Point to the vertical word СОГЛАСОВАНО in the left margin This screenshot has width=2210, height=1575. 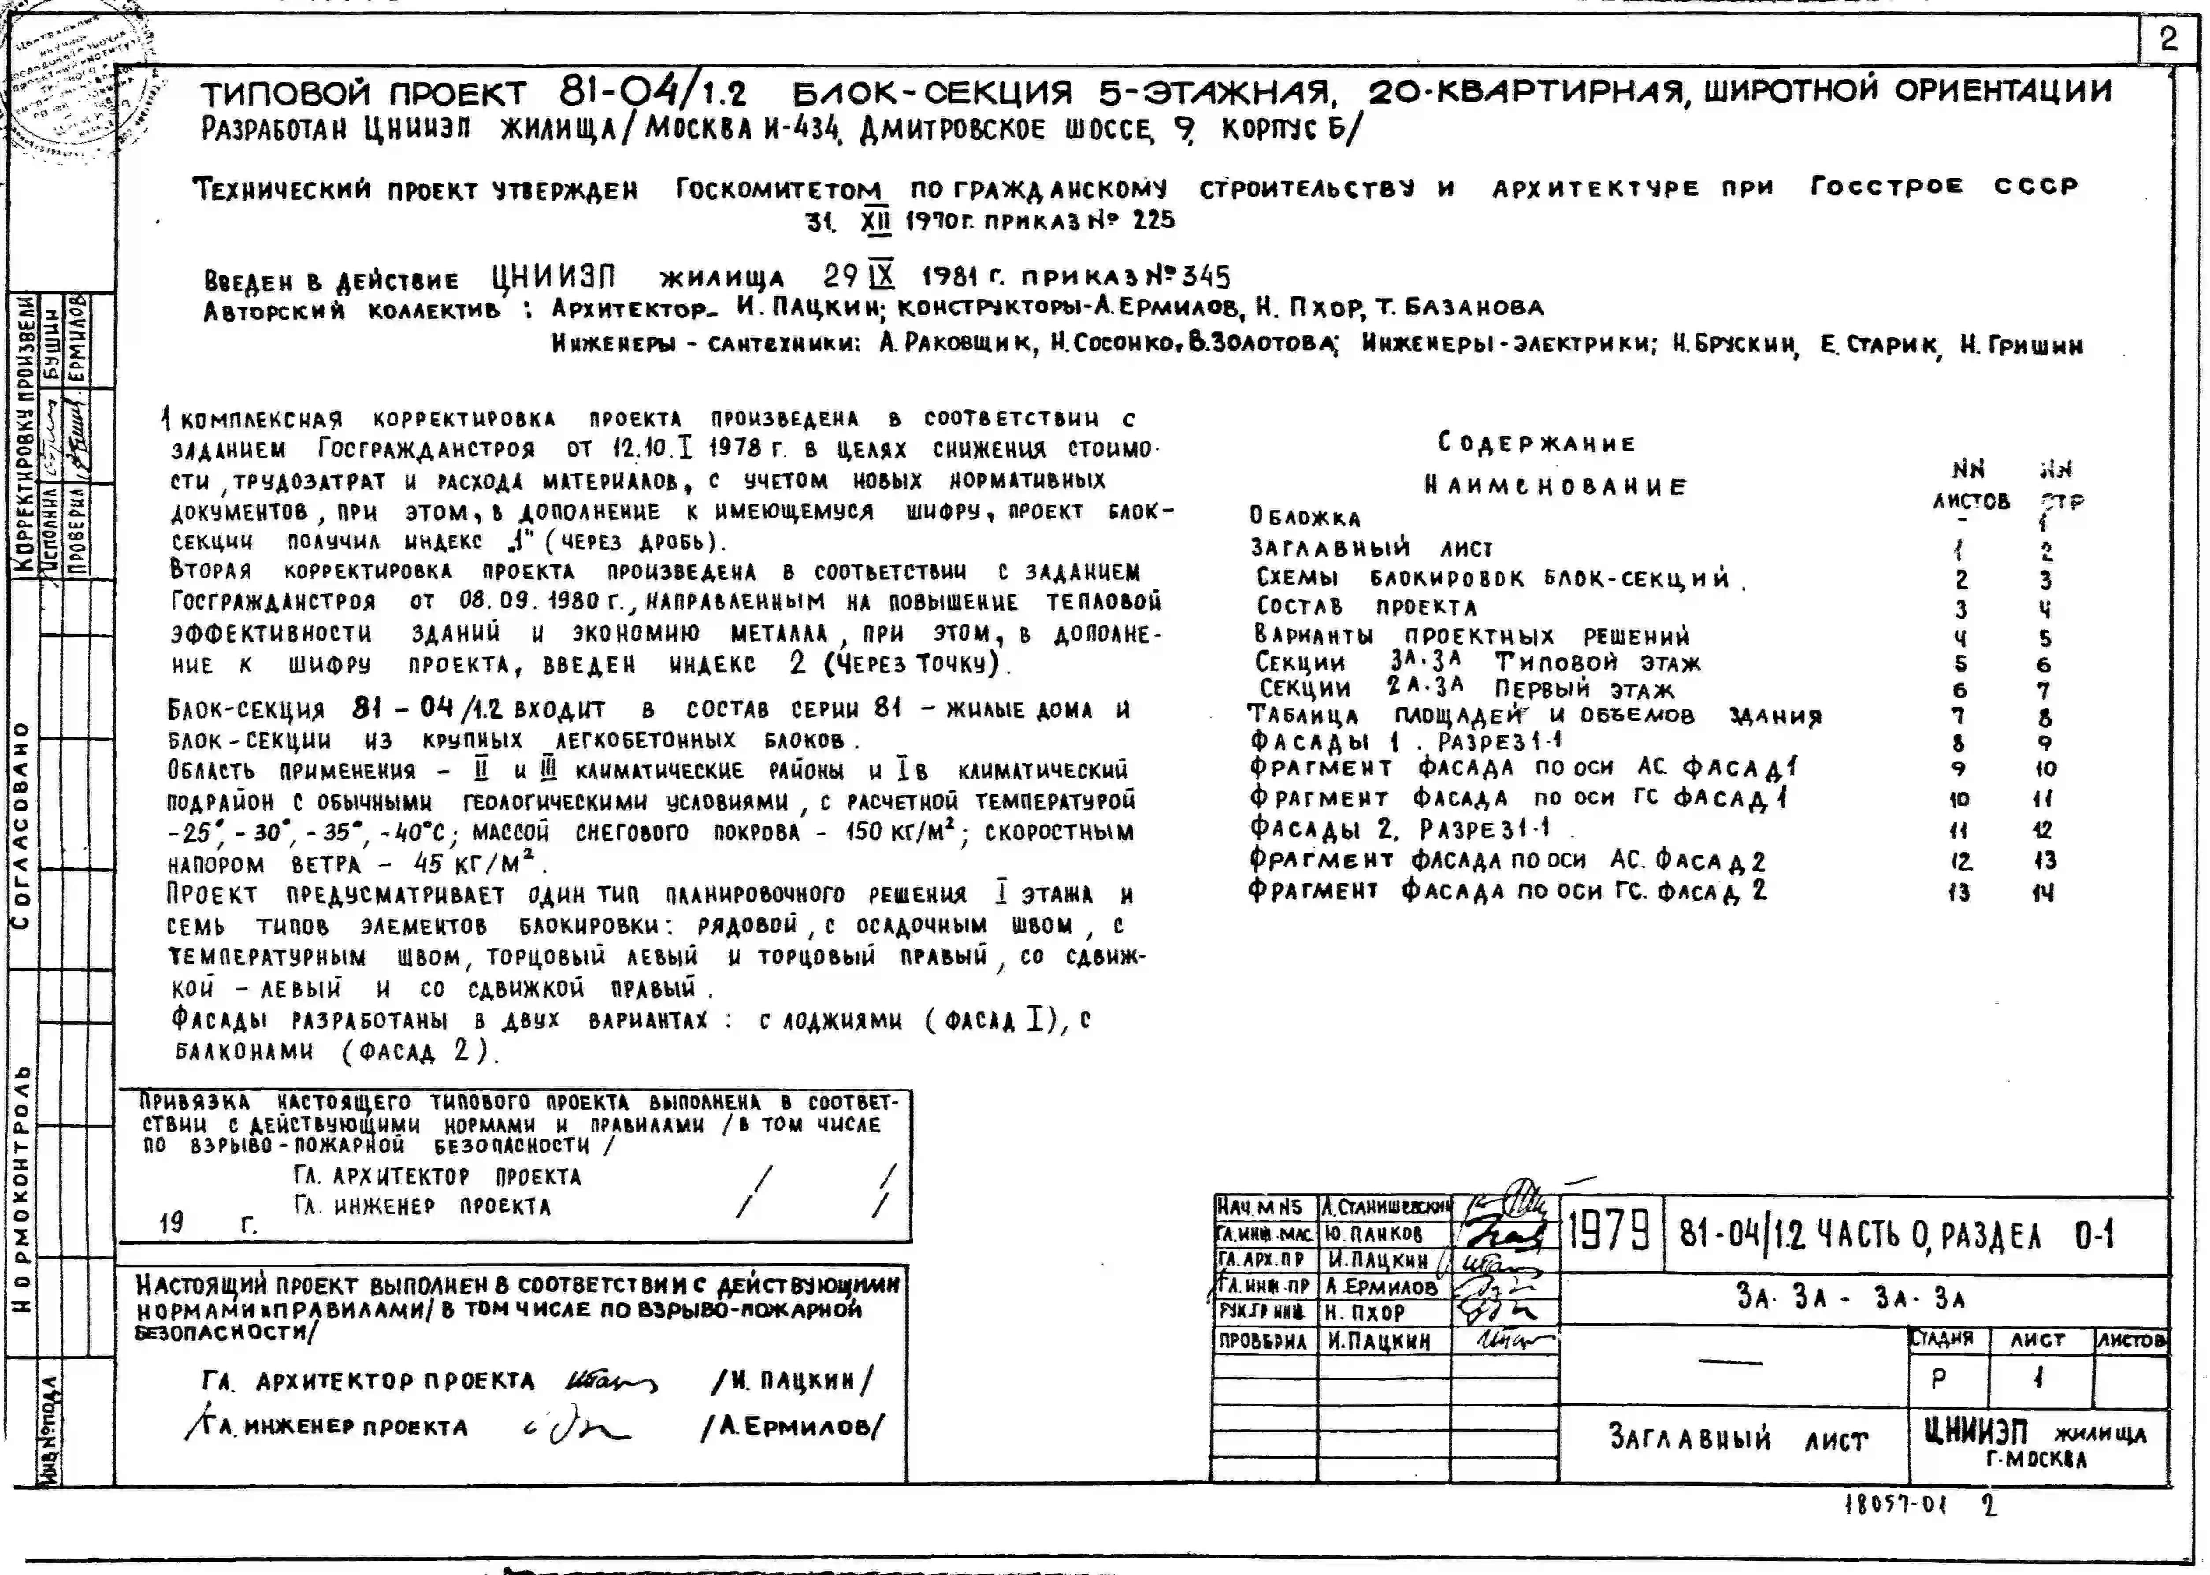(x=21, y=825)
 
